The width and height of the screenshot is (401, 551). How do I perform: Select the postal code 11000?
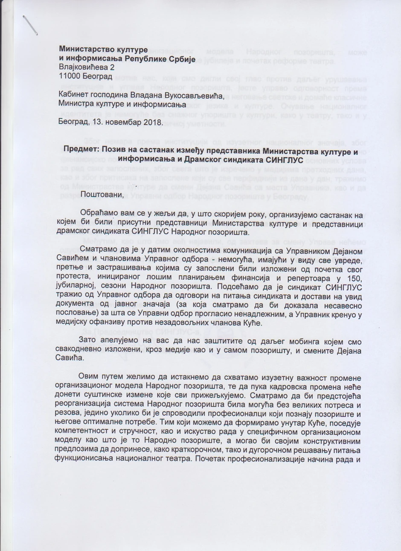[70, 76]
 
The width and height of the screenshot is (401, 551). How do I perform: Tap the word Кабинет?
[74, 95]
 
